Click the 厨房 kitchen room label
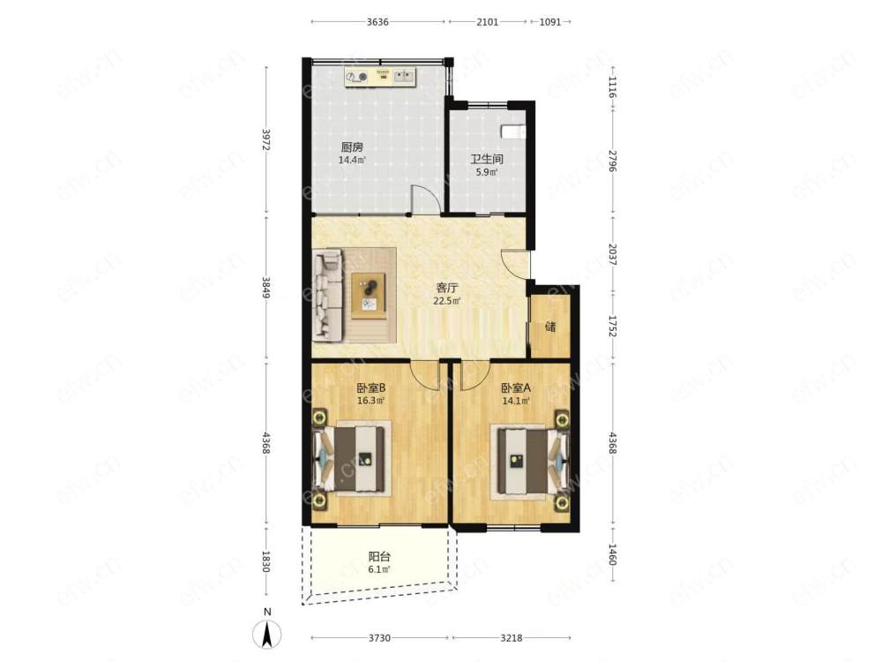[x=352, y=147]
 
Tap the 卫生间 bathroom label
[x=487, y=159]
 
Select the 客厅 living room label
[x=446, y=289]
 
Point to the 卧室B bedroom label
[x=370, y=387]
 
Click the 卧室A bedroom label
[x=516, y=387]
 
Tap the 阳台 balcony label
[x=379, y=557]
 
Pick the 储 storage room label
[x=550, y=326]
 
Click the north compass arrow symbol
[x=267, y=632]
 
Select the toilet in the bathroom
[x=513, y=131]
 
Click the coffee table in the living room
[x=369, y=296]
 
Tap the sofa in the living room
[x=328, y=296]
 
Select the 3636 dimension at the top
[x=377, y=22]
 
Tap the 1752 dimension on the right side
[x=613, y=326]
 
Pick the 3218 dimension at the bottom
[x=512, y=638]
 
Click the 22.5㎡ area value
[x=446, y=301]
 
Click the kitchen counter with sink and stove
[x=380, y=78]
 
